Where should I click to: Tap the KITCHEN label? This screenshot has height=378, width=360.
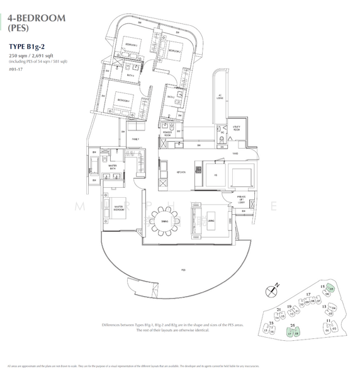(181, 171)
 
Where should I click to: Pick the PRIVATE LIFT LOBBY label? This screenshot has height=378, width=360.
(241, 199)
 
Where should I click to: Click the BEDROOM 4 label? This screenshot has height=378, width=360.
(122, 100)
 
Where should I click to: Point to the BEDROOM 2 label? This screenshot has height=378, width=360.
(174, 50)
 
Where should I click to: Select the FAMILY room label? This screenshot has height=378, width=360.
(134, 139)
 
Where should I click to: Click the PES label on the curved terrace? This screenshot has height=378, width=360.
(183, 270)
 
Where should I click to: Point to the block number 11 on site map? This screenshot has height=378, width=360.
(329, 321)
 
